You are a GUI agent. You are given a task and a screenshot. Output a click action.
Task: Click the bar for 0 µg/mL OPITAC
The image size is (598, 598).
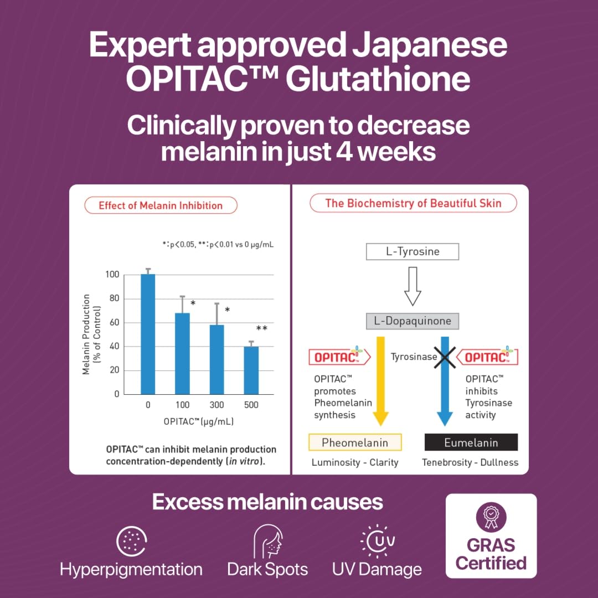[148, 334]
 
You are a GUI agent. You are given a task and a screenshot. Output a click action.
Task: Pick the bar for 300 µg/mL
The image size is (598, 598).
[216, 359]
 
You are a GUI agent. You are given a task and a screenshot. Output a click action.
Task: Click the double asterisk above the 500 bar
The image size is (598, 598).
[261, 329]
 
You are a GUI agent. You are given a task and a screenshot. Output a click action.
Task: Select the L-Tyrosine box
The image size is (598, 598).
[413, 252]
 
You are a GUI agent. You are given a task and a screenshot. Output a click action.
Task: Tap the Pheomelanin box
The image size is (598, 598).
[355, 442]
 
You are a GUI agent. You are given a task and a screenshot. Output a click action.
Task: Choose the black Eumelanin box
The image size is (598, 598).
[471, 442]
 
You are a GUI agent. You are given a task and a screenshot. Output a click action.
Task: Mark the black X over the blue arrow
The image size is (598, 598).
[445, 357]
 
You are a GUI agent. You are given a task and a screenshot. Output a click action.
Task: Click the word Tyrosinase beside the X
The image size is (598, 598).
[414, 357]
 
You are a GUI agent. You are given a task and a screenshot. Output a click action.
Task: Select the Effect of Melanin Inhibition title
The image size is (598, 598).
[161, 205]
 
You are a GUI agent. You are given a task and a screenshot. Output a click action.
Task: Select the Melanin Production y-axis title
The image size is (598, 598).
[90, 335]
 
